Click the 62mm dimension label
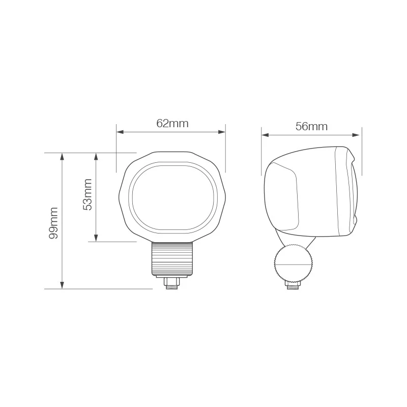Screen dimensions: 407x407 click(x=172, y=123)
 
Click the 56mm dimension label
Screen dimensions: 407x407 click(x=311, y=127)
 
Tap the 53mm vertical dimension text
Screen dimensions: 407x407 click(x=88, y=194)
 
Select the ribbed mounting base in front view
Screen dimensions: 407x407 click(x=172, y=258)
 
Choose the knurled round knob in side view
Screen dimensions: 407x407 click(x=293, y=264)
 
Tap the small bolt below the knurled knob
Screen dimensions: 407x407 click(x=293, y=286)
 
